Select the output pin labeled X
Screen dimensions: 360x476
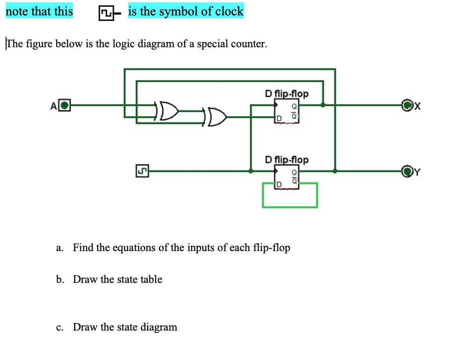click(x=407, y=105)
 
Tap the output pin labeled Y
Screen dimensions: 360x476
click(x=407, y=172)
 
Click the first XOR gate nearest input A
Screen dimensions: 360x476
click(x=167, y=110)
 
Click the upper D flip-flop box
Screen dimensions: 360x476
click(x=286, y=111)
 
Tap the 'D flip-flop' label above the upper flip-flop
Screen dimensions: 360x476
click(x=286, y=94)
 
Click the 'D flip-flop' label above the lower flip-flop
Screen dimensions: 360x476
click(x=286, y=160)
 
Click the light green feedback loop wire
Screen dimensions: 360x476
click(x=290, y=206)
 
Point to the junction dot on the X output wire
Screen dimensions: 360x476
click(x=323, y=105)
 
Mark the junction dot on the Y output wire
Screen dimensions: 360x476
click(x=335, y=171)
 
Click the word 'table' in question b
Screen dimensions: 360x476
click(x=151, y=280)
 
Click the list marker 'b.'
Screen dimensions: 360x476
click(x=60, y=280)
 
